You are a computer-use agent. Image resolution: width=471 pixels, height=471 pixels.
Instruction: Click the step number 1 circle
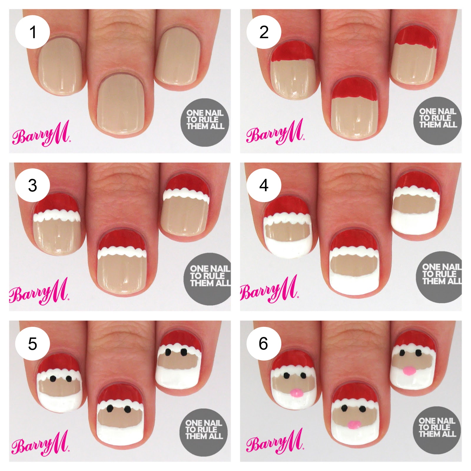pyautogui.click(x=32, y=32)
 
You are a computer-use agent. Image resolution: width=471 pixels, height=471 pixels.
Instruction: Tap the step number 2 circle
pyautogui.click(x=264, y=32)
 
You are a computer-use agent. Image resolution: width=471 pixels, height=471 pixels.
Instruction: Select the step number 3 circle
pyautogui.click(x=32, y=185)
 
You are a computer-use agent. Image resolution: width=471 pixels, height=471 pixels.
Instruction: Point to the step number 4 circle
pyautogui.click(x=264, y=185)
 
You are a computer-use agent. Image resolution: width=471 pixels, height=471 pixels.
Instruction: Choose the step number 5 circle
pyautogui.click(x=32, y=344)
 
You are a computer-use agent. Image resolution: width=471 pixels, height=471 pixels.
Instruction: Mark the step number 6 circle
pyautogui.click(x=264, y=343)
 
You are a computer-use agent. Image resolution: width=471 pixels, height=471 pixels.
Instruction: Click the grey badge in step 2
pyautogui.click(x=438, y=118)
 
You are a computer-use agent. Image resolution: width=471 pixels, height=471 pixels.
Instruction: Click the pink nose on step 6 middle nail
pyautogui.click(x=354, y=424)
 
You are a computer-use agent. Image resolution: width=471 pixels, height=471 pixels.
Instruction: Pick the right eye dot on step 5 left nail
pyautogui.click(x=69, y=378)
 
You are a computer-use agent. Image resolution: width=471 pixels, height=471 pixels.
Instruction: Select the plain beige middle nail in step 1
pyautogui.click(x=121, y=109)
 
